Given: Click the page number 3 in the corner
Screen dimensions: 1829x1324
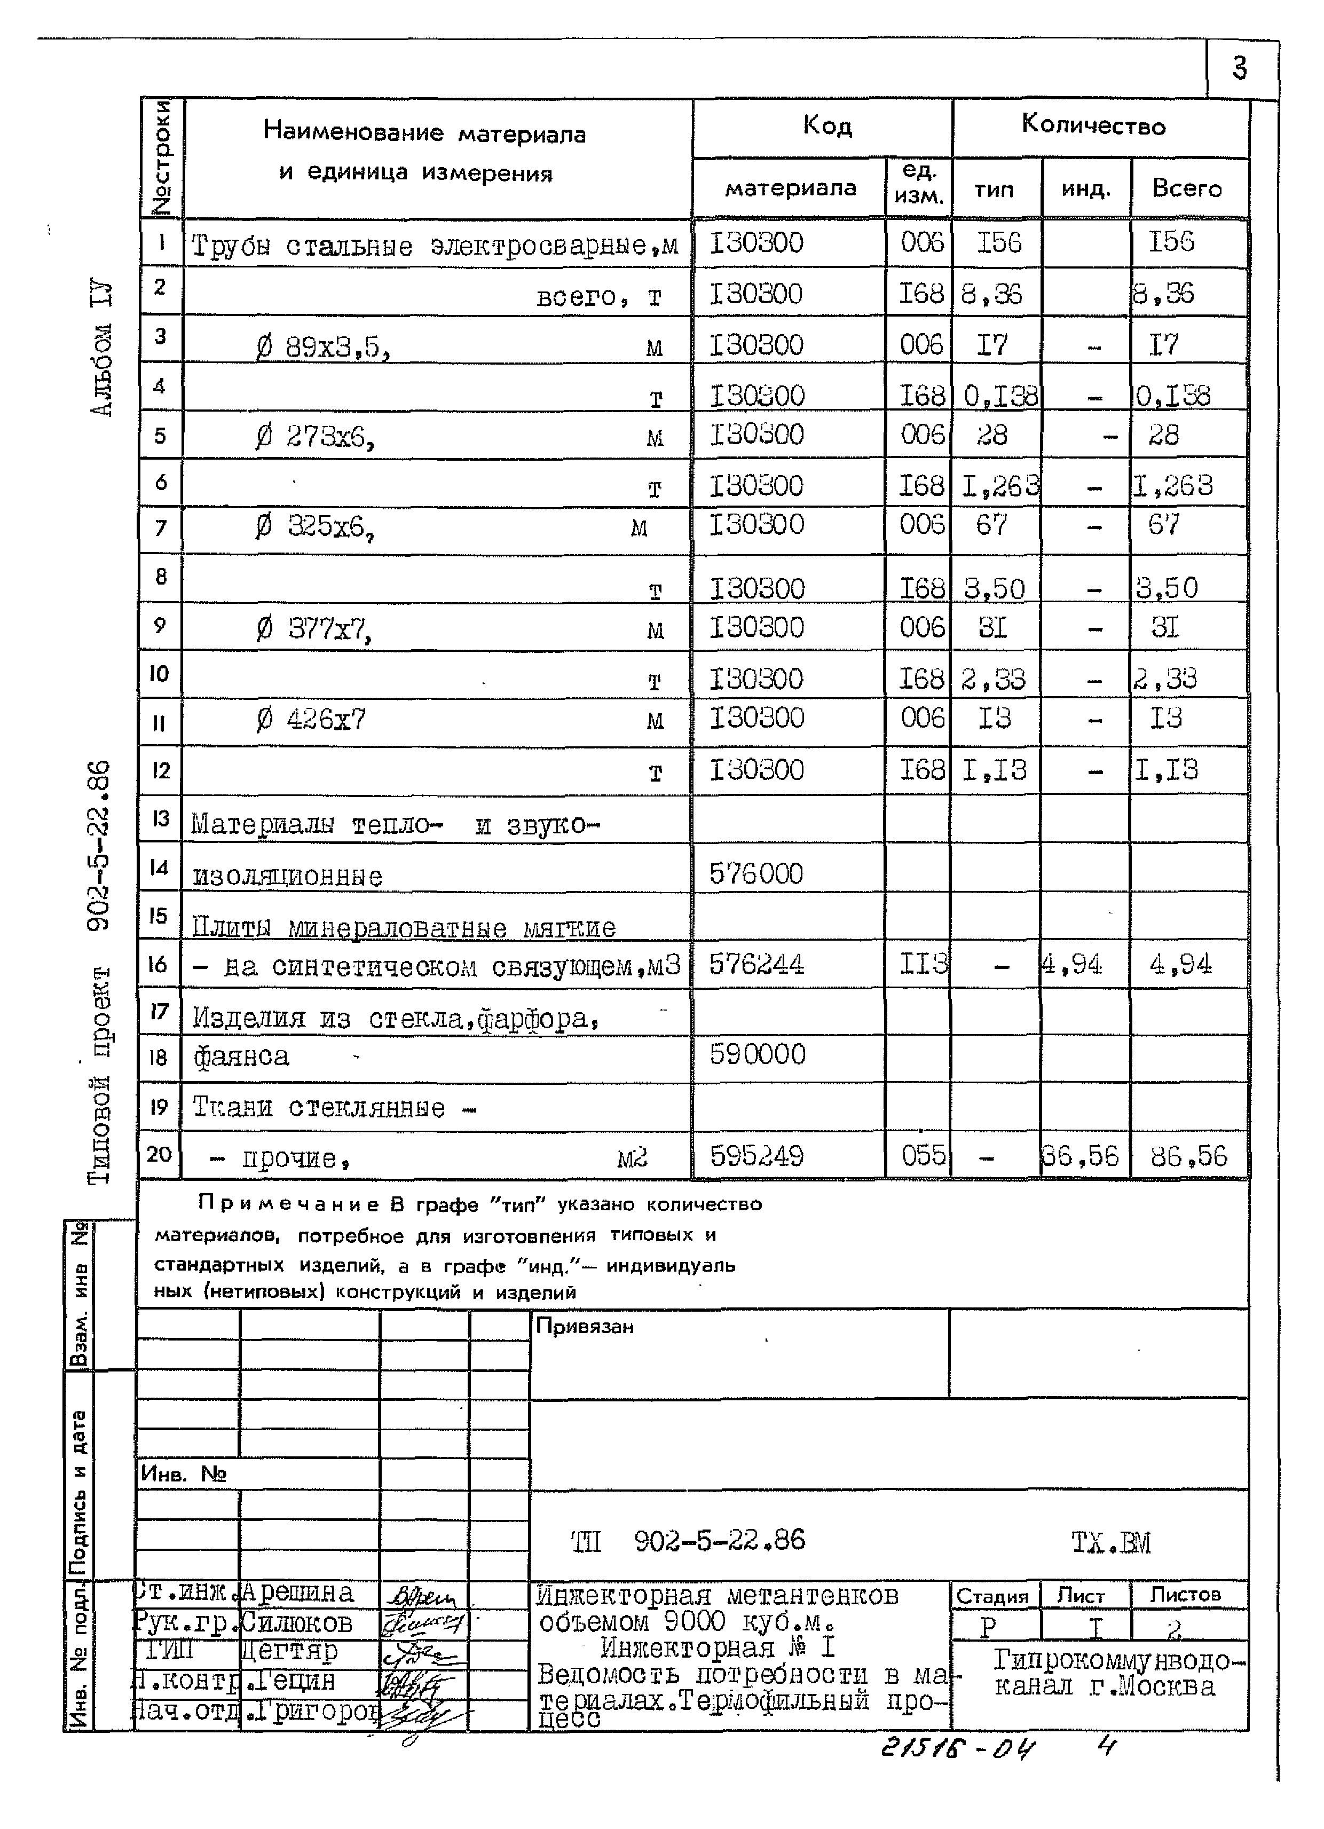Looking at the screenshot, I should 1239,68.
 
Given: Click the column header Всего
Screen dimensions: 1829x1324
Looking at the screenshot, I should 1186,188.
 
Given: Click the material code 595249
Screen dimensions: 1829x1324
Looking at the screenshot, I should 756,1156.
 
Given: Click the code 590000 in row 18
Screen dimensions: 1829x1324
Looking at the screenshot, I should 757,1054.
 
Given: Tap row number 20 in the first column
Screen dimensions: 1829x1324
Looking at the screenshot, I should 159,1154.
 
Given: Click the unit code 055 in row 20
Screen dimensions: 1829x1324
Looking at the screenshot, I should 923,1156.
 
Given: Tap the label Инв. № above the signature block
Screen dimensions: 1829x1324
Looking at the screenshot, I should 183,1474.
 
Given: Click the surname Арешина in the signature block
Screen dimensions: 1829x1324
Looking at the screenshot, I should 297,1593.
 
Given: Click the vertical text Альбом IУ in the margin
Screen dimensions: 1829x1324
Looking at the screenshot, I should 101,349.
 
